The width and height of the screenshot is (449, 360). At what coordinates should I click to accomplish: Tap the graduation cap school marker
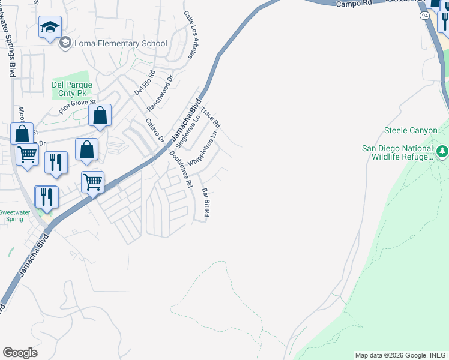point(50,27)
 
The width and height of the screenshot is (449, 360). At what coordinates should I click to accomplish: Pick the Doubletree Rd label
point(181,170)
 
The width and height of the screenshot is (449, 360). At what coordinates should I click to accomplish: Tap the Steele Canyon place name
point(408,130)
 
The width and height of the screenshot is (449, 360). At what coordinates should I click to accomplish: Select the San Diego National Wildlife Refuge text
point(397,152)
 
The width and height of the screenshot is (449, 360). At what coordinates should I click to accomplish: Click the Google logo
point(20,353)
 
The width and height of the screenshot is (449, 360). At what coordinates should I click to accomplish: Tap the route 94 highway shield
point(424,16)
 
